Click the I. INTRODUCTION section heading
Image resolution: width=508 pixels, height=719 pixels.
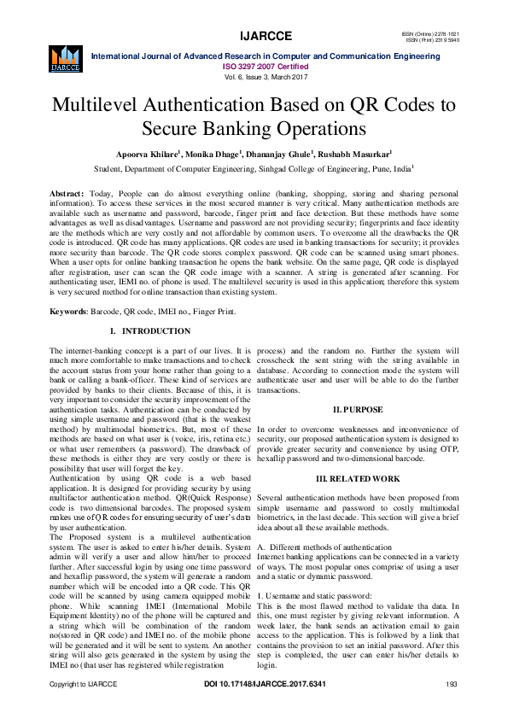[x=150, y=330]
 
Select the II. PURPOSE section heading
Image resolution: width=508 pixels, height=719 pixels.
[x=358, y=410]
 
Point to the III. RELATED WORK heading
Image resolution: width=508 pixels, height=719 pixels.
[x=358, y=480]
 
